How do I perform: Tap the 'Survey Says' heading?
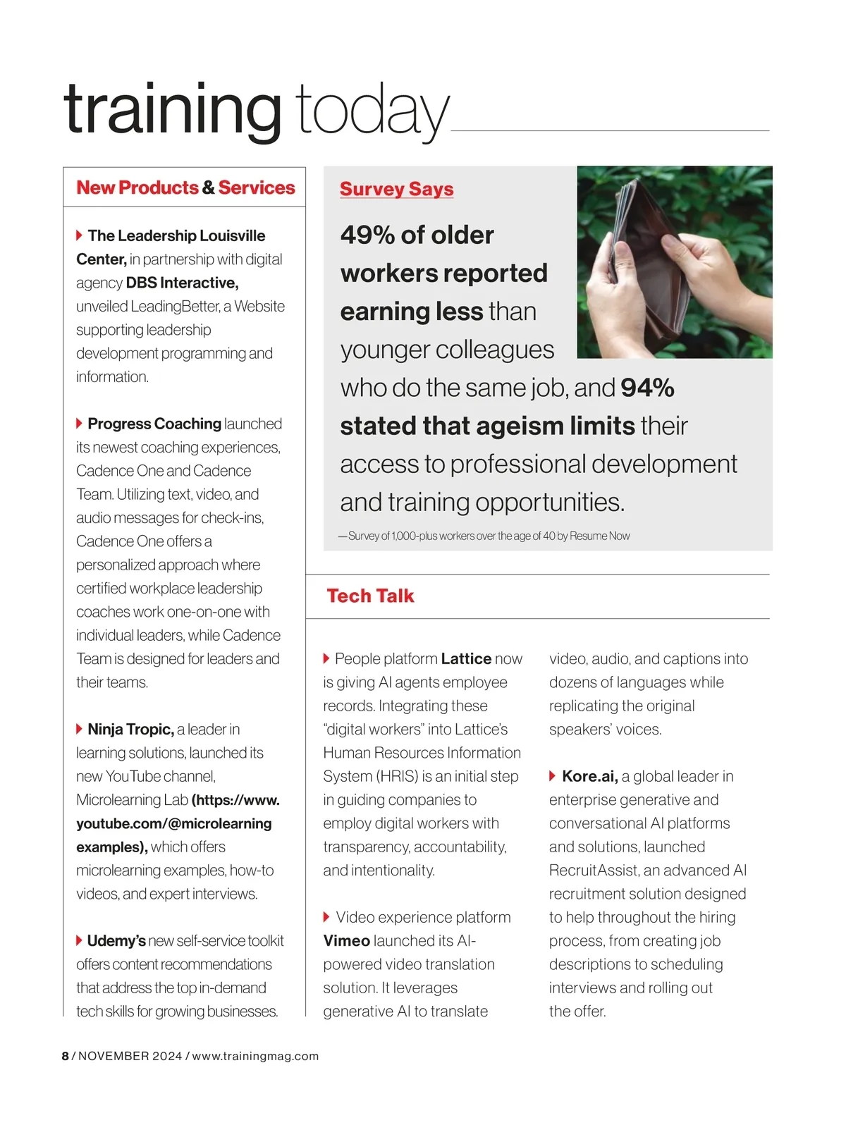coord(396,189)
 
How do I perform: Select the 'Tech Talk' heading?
coord(370,596)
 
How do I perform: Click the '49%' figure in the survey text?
coord(367,235)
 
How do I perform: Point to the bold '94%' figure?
coord(647,388)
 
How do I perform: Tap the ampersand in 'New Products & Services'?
coord(208,188)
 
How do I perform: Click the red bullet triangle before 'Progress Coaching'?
coord(80,423)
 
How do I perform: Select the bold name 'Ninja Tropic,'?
coord(130,729)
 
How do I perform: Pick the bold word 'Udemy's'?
coord(116,940)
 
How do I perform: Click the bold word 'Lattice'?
coord(466,658)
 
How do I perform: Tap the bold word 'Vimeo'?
coord(347,940)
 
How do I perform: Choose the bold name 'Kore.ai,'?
coord(590,776)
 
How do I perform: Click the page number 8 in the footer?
coord(66,1056)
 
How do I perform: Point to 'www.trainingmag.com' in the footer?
coord(255,1056)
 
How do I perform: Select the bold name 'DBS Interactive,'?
coord(182,283)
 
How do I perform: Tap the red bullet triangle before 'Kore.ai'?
coord(553,776)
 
